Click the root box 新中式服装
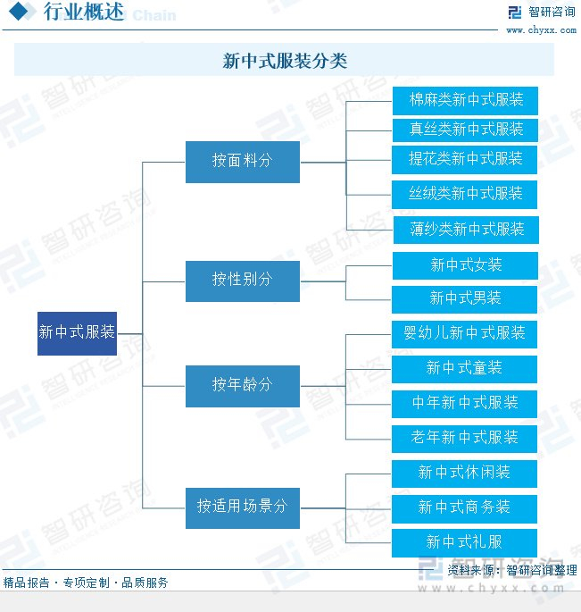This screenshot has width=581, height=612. point(77,332)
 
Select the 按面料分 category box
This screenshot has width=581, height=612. point(242,162)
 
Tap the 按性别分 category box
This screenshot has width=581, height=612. point(242,281)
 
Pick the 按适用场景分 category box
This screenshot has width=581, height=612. point(242,507)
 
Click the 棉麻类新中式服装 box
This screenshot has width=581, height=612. point(465,99)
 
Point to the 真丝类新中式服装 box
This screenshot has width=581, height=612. point(465,130)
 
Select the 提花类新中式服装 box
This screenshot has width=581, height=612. point(465,160)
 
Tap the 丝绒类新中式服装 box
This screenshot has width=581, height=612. point(465,194)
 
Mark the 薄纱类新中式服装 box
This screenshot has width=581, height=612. point(465,230)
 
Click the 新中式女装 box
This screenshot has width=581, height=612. point(465,265)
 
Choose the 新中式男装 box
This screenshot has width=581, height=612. point(465,298)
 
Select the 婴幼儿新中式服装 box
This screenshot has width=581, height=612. point(465,333)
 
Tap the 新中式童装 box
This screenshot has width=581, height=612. point(465,368)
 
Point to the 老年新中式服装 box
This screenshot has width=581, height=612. point(465,438)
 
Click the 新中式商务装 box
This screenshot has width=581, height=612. point(465,507)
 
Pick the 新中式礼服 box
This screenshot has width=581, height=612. point(465,542)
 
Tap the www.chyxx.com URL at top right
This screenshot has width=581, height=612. point(541,30)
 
